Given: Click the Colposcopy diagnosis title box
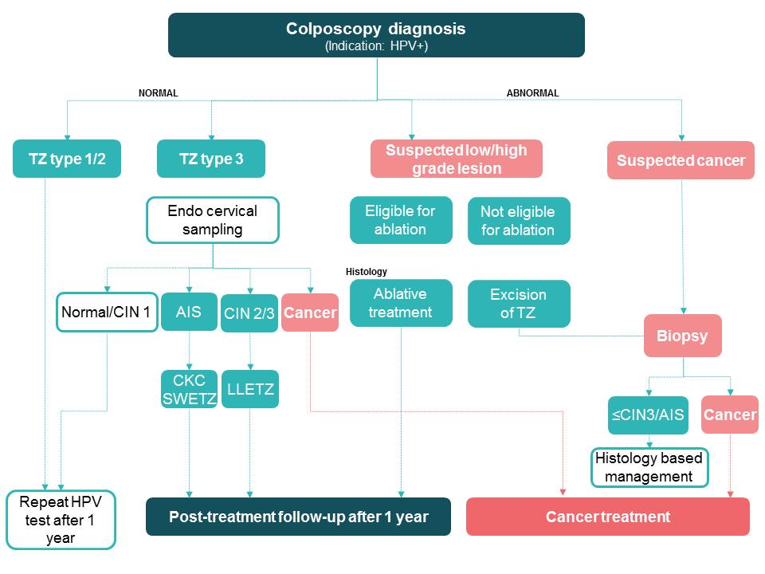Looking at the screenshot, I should click(x=376, y=35).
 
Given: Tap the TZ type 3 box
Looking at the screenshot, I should click(x=211, y=159).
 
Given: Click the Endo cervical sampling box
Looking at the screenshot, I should click(x=213, y=220).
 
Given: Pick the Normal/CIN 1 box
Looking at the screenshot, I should click(x=107, y=312).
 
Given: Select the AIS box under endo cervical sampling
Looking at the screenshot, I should click(x=189, y=312).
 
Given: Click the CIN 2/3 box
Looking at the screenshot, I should click(x=249, y=313).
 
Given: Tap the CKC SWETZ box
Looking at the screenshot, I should click(x=189, y=389).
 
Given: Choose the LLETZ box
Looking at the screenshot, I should click(x=249, y=389).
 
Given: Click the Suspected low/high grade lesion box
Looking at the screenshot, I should click(x=456, y=159).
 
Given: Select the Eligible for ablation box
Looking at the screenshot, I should click(x=400, y=221).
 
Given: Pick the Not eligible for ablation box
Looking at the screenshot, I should click(x=518, y=221).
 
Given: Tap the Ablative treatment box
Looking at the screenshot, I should click(x=400, y=303).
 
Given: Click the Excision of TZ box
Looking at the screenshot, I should click(x=518, y=303).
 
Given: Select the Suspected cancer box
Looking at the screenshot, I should click(x=681, y=160).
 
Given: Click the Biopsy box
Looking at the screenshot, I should click(x=683, y=336).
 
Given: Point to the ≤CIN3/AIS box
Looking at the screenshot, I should click(x=648, y=415).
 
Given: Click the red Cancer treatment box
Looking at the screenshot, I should click(x=607, y=517).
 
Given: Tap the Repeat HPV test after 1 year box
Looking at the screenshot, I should click(x=61, y=520).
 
